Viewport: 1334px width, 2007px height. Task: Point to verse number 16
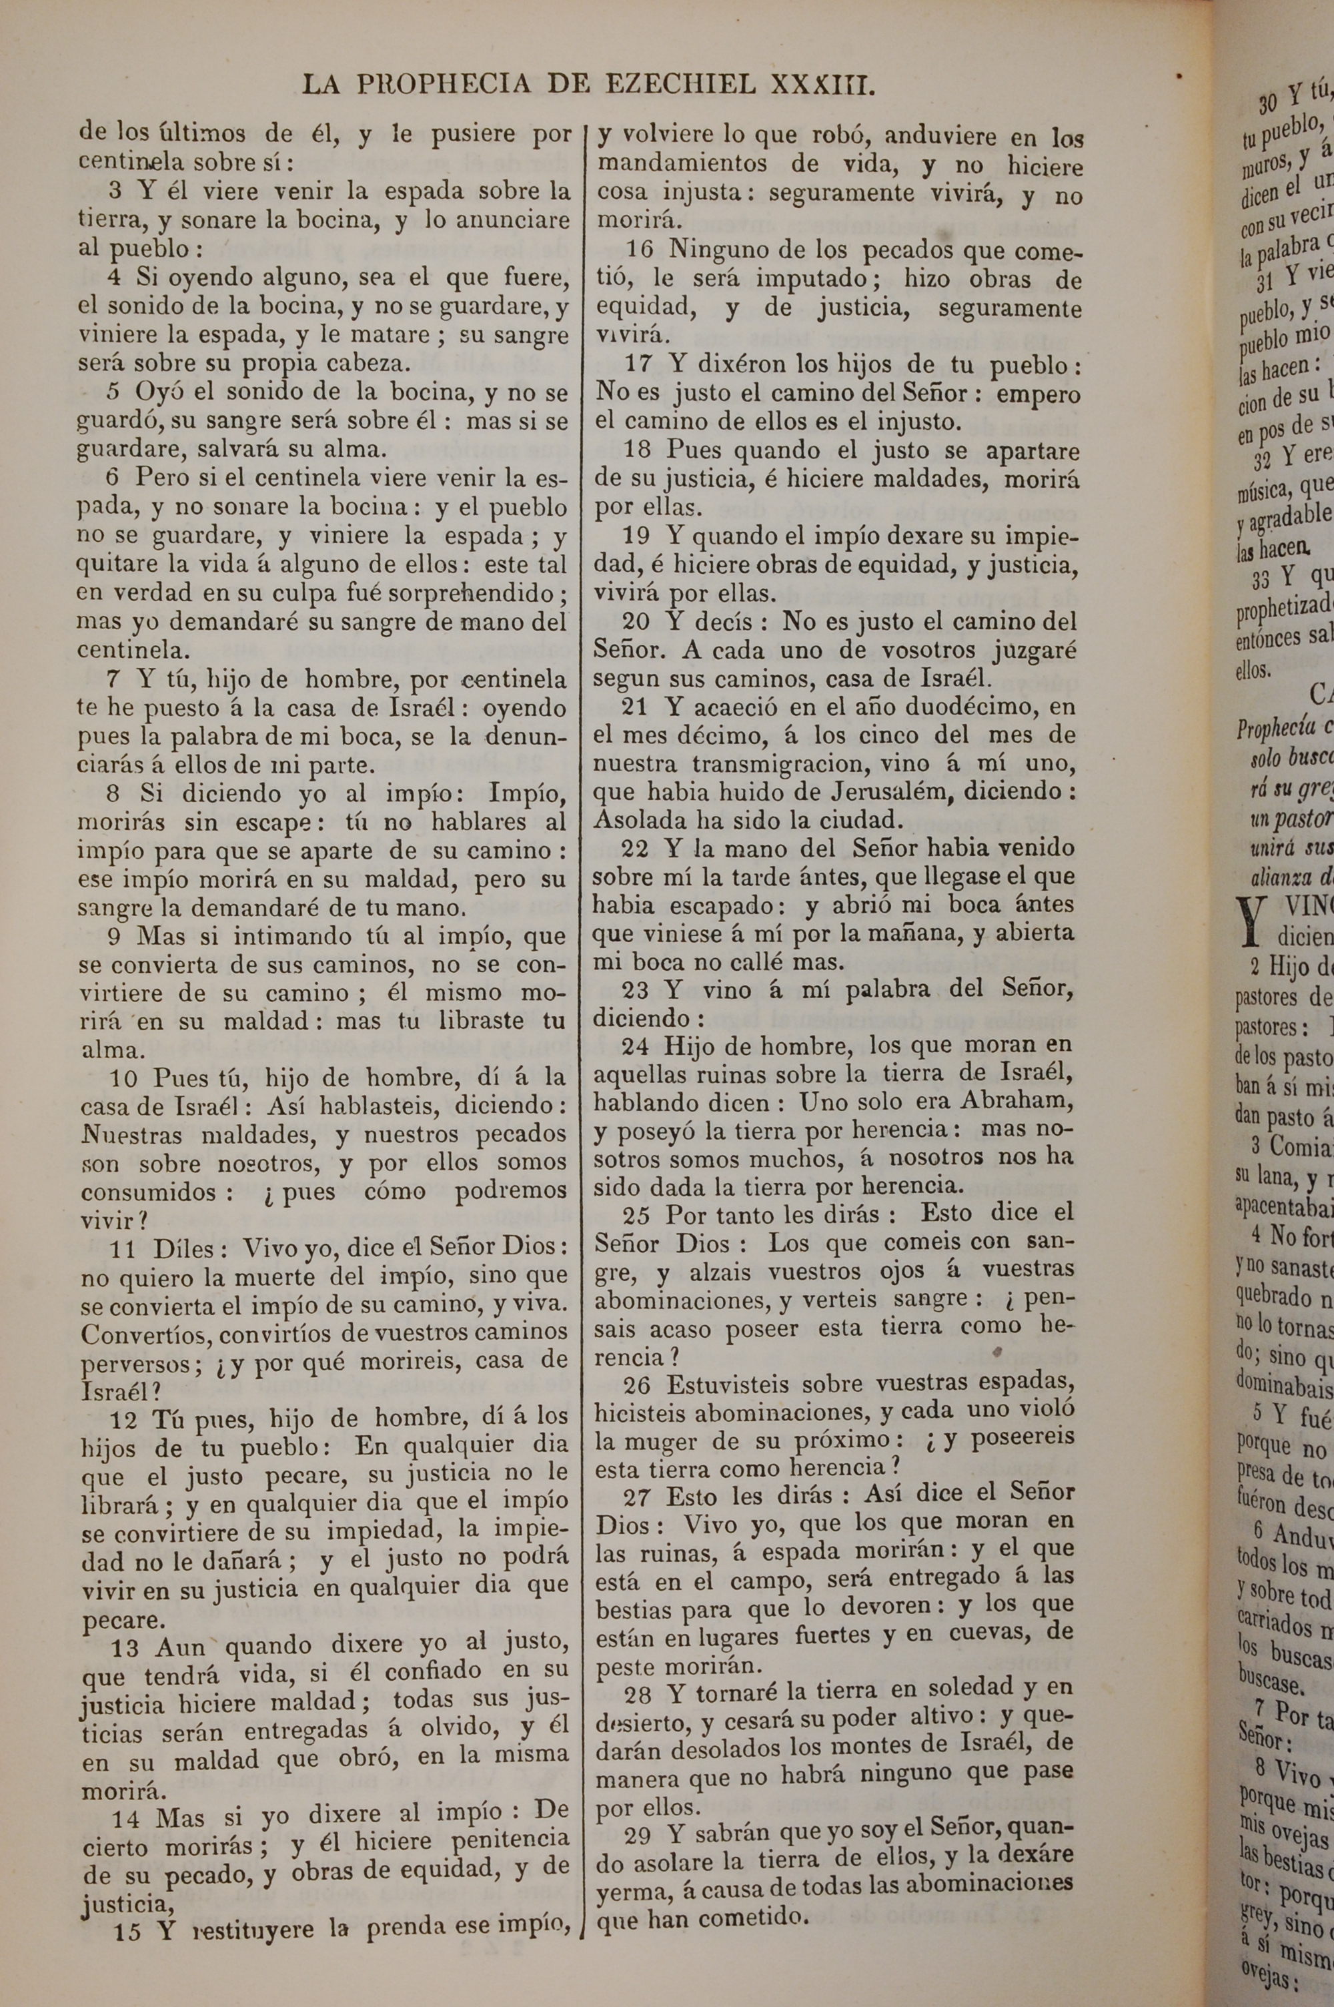coord(640,251)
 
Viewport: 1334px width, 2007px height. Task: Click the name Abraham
coord(1017,1101)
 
